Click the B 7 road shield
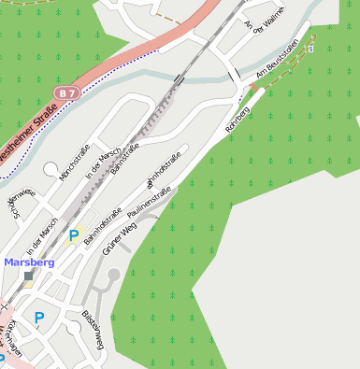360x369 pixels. [65, 93]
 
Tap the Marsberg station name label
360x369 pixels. [28, 263]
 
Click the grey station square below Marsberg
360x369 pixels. [28, 276]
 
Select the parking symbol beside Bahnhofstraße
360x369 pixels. [74, 235]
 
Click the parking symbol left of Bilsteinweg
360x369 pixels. [39, 318]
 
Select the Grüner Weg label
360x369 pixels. [120, 237]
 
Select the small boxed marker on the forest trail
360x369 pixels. [310, 49]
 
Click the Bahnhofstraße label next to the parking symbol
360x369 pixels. [103, 225]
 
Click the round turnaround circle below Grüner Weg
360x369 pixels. [114, 274]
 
